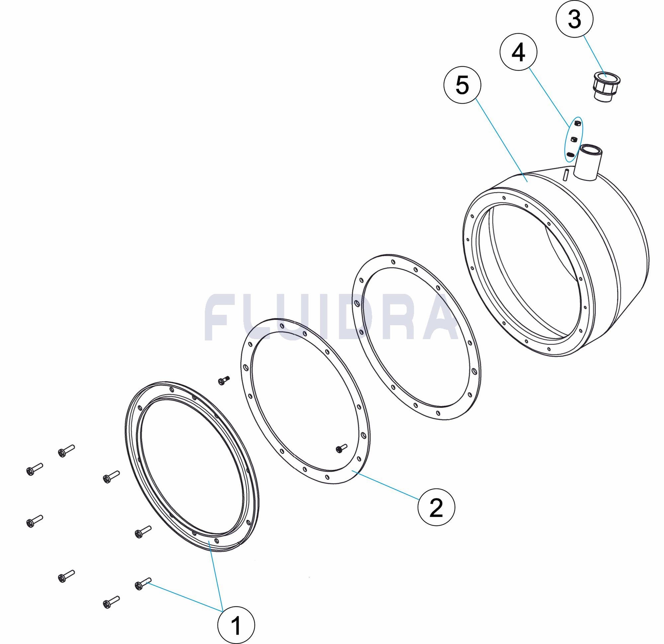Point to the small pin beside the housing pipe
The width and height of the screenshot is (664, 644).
click(x=566, y=174)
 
